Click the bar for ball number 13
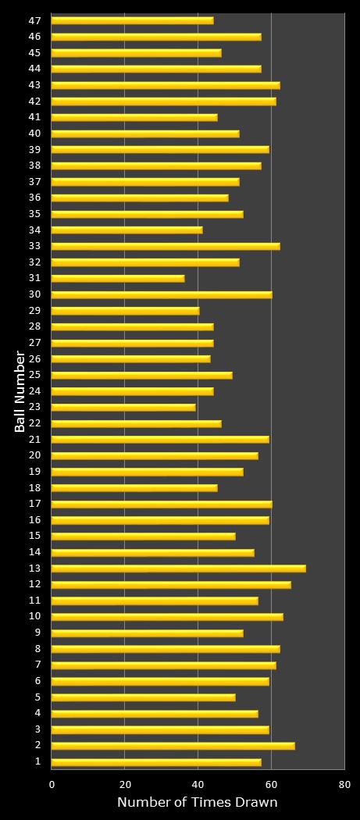click(178, 569)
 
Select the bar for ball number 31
click(118, 278)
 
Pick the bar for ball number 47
click(132, 20)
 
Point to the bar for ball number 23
click(123, 407)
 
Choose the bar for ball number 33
click(166, 246)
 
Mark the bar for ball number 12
click(171, 584)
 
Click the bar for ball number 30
click(162, 294)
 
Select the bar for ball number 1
click(156, 762)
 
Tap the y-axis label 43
click(35, 85)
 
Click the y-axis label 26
click(35, 359)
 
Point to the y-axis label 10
click(35, 617)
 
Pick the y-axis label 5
click(37, 697)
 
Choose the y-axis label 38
click(35, 166)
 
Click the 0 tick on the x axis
click(52, 784)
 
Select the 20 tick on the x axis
click(125, 784)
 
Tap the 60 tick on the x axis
click(271, 784)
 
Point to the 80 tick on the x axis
click(344, 784)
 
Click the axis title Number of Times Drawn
click(198, 803)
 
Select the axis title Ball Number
click(20, 390)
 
